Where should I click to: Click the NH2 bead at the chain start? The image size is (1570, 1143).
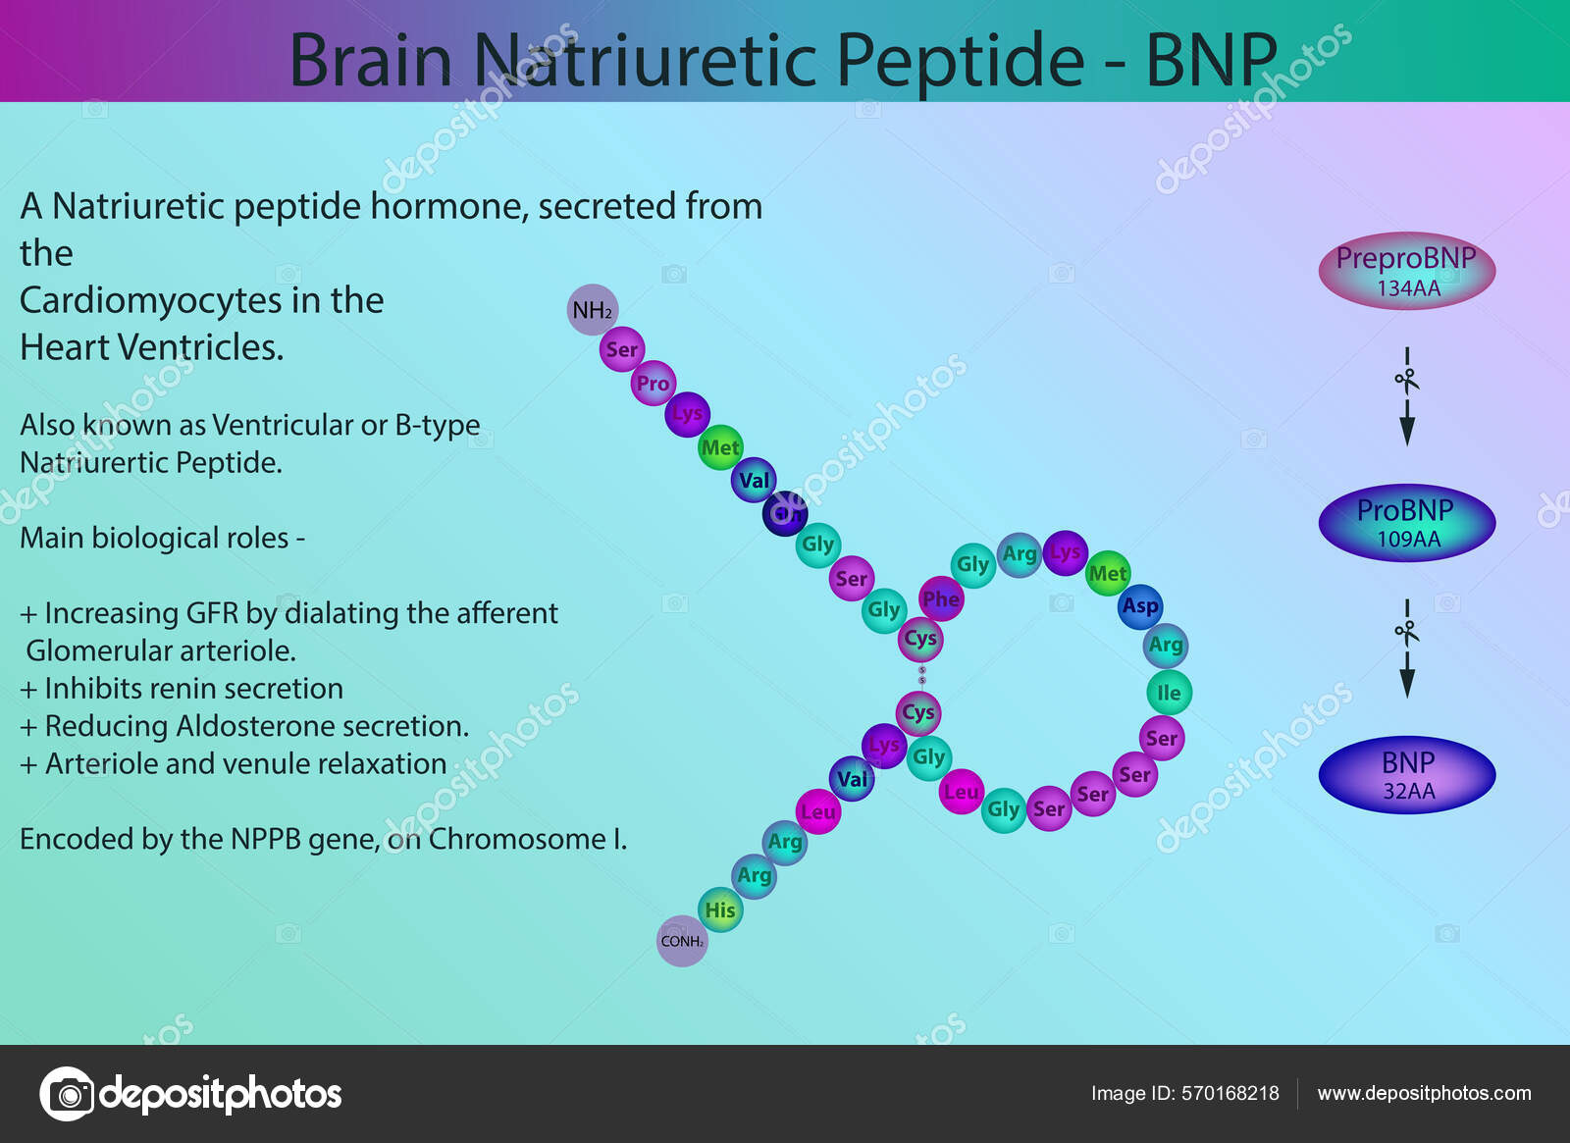[x=593, y=310]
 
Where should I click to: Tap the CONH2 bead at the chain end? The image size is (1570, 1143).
[x=682, y=941]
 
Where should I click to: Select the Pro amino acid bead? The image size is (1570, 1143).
[x=653, y=384]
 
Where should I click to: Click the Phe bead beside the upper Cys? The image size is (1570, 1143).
[x=940, y=598]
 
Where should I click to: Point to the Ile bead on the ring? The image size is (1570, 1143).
[x=1169, y=693]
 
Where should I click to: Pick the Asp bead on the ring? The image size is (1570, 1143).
[x=1140, y=606]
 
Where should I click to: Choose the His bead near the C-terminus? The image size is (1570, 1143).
[x=720, y=909]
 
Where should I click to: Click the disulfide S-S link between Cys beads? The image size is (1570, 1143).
[x=921, y=675]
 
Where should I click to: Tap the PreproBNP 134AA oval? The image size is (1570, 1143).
[x=1406, y=271]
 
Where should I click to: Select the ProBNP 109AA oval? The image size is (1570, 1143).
[x=1406, y=523]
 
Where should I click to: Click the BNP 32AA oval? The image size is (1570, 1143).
[x=1406, y=775]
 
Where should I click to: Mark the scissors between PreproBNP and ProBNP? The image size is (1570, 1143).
[x=1406, y=379]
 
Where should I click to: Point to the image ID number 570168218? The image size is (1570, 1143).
[x=1230, y=1093]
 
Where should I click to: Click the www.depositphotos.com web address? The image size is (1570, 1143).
[x=1424, y=1093]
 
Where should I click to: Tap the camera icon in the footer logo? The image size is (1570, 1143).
[x=67, y=1093]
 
